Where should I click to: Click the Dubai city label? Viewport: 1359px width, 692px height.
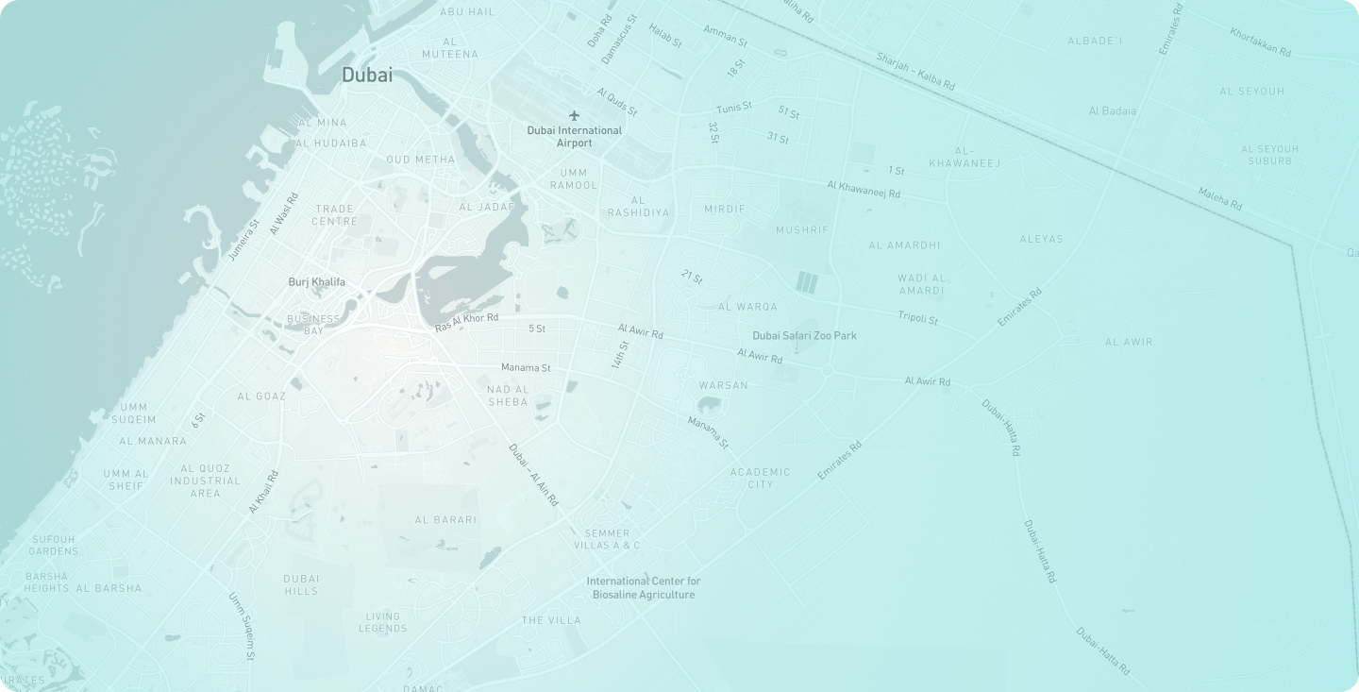tap(367, 76)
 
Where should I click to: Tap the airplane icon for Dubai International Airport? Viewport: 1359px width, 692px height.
tap(574, 116)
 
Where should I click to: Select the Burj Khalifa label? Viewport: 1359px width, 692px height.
tap(316, 282)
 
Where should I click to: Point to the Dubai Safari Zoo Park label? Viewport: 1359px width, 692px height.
tap(804, 335)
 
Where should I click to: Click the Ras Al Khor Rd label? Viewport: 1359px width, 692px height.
tap(466, 322)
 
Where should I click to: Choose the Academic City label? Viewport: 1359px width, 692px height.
tap(761, 478)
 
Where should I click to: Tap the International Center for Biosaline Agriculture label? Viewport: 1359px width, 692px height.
tap(644, 588)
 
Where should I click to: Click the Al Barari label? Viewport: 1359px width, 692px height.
tap(446, 520)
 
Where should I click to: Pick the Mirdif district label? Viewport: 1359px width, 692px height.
tap(725, 209)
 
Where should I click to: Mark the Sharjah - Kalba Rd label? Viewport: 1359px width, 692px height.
tap(915, 72)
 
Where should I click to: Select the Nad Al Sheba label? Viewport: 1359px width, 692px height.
tap(508, 396)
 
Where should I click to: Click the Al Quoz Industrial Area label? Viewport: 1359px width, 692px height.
tap(206, 481)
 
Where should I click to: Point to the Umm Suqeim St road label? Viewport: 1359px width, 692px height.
tap(243, 626)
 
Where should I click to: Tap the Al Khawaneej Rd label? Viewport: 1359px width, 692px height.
tap(864, 190)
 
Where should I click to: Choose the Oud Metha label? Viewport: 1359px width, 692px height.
tap(421, 160)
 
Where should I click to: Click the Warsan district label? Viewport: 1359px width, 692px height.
tap(724, 385)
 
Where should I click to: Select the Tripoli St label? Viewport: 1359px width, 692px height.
tap(918, 318)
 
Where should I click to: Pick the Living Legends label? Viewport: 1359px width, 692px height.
tap(383, 622)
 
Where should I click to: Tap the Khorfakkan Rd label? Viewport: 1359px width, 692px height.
tap(1260, 43)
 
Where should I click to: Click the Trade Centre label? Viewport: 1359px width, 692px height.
tap(335, 215)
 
